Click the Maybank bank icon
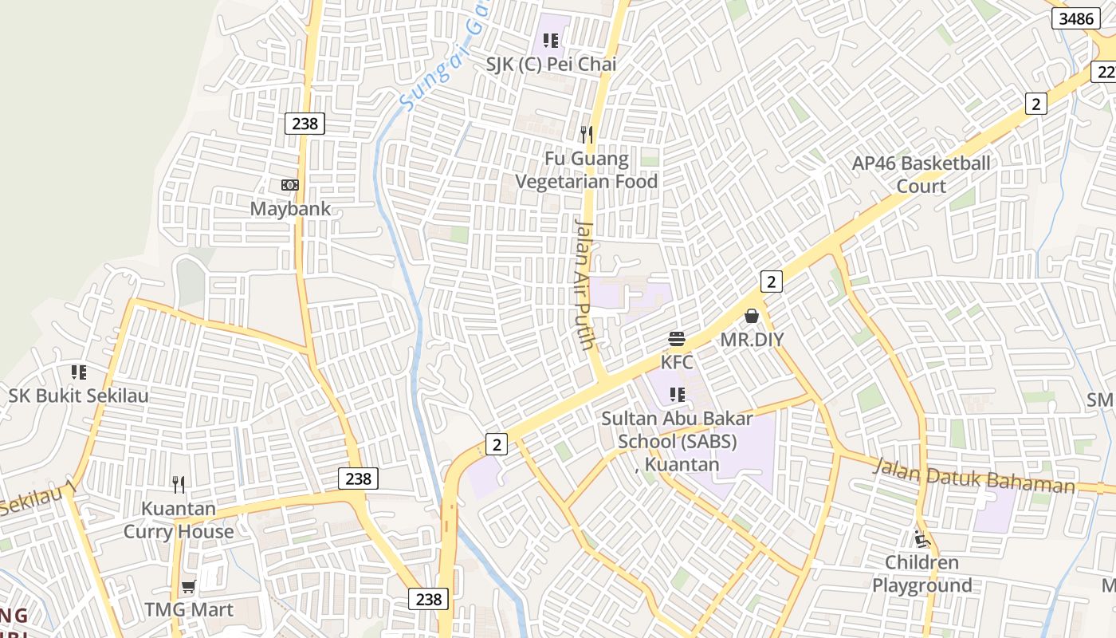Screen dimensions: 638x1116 pyautogui.click(x=289, y=185)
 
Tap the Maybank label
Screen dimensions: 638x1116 pyautogui.click(x=290, y=209)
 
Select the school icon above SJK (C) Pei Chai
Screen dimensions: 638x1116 pyautogui.click(x=550, y=40)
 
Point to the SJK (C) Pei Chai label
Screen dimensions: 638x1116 pyautogui.click(x=552, y=65)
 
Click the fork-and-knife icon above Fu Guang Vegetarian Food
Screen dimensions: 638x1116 pyautogui.click(x=587, y=134)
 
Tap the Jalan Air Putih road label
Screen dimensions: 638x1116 pyautogui.click(x=585, y=285)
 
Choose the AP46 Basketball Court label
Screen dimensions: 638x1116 pyautogui.click(x=921, y=175)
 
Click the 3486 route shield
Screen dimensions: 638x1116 pyautogui.click(x=1077, y=18)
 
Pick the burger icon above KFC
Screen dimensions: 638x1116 pyautogui.click(x=677, y=339)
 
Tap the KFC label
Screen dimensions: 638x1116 pyautogui.click(x=677, y=362)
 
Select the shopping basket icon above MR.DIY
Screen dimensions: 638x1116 pyautogui.click(x=751, y=317)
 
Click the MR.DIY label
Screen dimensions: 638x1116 pyautogui.click(x=752, y=340)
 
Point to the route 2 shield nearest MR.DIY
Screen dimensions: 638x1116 pyautogui.click(x=771, y=281)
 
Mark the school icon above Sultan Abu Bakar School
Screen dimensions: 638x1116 pyautogui.click(x=678, y=394)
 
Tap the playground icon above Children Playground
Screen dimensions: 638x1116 pyautogui.click(x=922, y=540)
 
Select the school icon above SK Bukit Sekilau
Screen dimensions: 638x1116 pyautogui.click(x=78, y=372)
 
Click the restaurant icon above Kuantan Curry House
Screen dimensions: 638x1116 pyautogui.click(x=179, y=484)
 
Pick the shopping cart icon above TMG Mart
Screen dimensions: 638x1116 pyautogui.click(x=189, y=587)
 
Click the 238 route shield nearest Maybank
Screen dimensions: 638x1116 pyautogui.click(x=305, y=124)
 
